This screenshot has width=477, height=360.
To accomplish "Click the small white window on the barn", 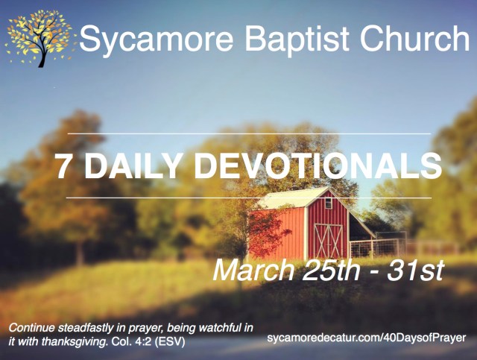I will [328, 203].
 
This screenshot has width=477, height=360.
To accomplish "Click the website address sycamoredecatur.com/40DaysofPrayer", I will [367, 338].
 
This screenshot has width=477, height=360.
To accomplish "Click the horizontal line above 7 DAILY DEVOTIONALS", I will [249, 133].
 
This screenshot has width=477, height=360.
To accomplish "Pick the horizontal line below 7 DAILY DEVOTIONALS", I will [249, 198].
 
